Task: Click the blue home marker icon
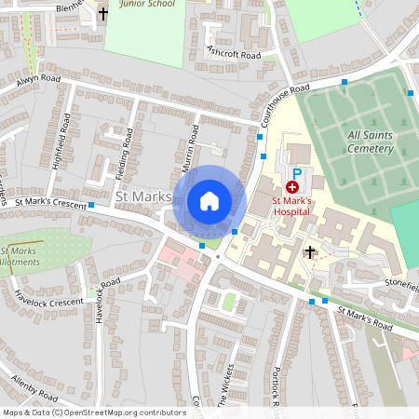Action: tap(209, 200)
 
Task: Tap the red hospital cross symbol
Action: tap(292, 187)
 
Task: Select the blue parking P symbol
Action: tap(298, 174)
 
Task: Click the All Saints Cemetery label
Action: tap(368, 142)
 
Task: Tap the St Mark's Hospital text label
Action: tap(297, 206)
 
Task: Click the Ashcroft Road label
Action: tap(235, 53)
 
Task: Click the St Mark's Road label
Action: tap(365, 317)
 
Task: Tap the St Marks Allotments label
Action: tap(19, 258)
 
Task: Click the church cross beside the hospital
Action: tap(310, 251)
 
